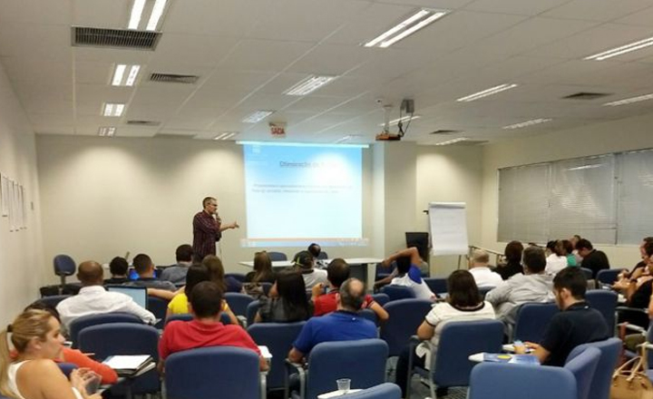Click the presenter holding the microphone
point(207,230)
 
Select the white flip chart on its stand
point(448,229)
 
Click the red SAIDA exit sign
point(278,130)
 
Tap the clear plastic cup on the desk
point(343,385)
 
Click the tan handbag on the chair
point(631,381)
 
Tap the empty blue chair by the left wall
point(64,268)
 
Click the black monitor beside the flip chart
point(417,243)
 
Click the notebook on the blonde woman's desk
point(127,363)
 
